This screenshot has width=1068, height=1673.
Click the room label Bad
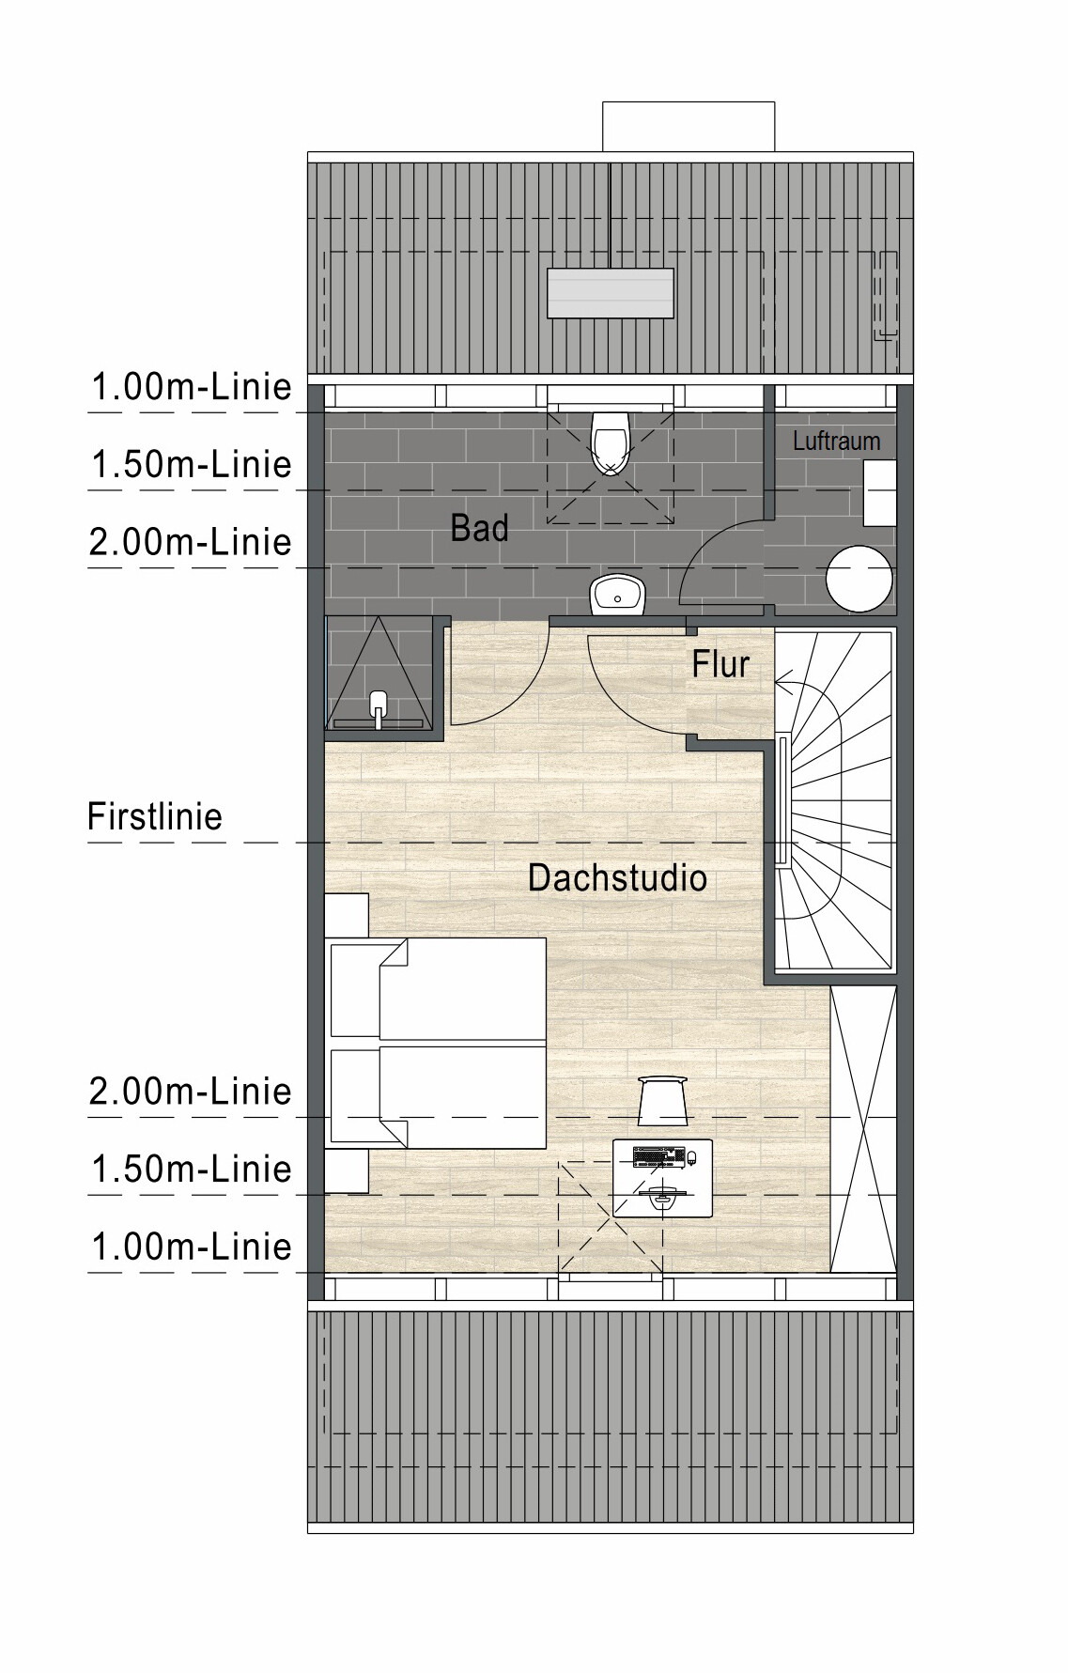click(x=479, y=528)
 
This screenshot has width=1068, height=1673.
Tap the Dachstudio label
click(x=617, y=878)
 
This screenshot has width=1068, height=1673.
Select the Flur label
click(x=720, y=665)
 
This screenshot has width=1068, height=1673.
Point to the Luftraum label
click(x=836, y=441)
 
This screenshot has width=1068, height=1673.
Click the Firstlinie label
click(x=155, y=816)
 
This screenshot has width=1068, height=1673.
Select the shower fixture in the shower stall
click(x=379, y=709)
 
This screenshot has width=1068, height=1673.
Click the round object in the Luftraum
click(x=859, y=579)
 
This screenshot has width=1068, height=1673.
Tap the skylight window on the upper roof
click(x=611, y=294)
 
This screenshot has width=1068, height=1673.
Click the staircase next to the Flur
click(x=834, y=799)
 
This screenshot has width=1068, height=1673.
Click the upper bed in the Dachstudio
click(x=439, y=988)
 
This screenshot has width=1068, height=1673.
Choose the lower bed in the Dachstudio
click(x=439, y=1095)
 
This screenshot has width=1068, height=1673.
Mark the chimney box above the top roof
click(x=689, y=126)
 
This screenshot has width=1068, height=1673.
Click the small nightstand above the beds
click(x=347, y=915)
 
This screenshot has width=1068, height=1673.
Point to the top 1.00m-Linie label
click(x=192, y=387)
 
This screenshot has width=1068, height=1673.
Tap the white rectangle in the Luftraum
click(x=880, y=494)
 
